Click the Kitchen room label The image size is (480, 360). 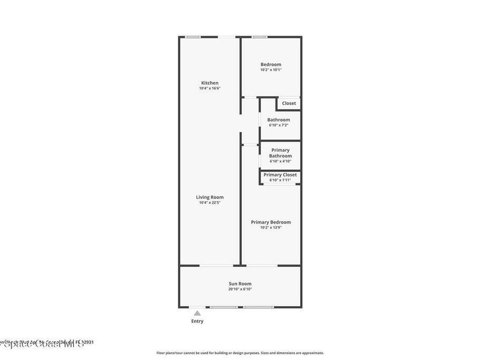[x=210, y=83]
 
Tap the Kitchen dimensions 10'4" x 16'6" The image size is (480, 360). [x=210, y=88]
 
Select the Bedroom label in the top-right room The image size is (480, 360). [x=271, y=64]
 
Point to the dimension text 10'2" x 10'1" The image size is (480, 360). [x=271, y=70]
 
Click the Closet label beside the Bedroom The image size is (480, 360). [x=289, y=103]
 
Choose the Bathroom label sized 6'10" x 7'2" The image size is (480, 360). [x=278, y=120]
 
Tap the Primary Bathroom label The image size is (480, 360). [x=280, y=153]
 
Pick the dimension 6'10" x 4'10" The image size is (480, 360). [x=280, y=161]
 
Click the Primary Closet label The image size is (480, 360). [x=280, y=175]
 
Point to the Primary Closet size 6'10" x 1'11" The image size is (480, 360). [x=280, y=180]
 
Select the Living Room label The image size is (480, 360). [x=210, y=197]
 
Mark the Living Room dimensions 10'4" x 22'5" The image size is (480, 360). [x=210, y=202]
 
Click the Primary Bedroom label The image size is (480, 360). [x=271, y=222]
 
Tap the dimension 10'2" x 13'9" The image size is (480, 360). [x=271, y=227]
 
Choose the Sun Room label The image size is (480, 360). [x=240, y=284]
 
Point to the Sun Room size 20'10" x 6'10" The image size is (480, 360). [x=240, y=289]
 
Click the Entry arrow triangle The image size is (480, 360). [x=197, y=313]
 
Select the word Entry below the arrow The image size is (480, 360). [x=197, y=321]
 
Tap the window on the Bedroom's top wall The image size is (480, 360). [x=259, y=37]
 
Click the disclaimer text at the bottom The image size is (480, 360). [x=240, y=353]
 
